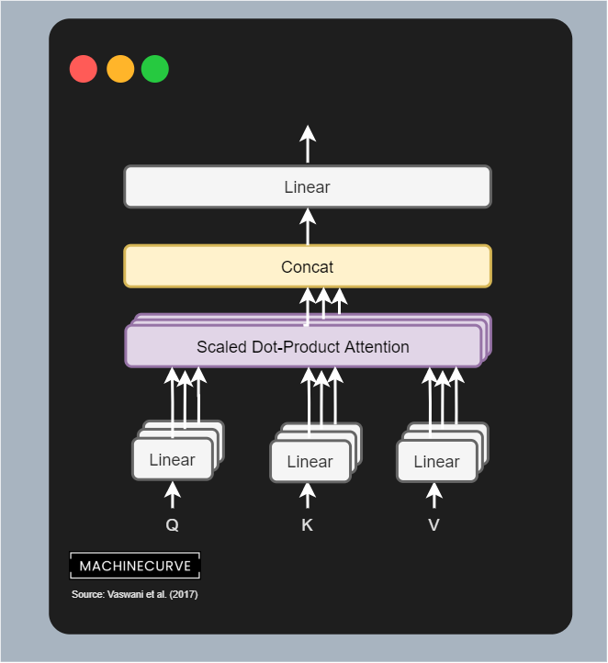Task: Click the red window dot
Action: click(x=84, y=69)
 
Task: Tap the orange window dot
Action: click(x=120, y=69)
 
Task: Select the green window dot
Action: click(x=155, y=69)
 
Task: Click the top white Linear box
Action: click(x=307, y=187)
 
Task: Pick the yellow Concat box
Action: click(x=307, y=267)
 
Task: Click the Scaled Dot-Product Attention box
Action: click(x=303, y=347)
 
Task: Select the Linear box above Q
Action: click(x=172, y=459)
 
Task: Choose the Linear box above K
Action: click(x=310, y=462)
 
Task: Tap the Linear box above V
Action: click(x=436, y=462)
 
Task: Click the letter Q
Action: click(x=172, y=525)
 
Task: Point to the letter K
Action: click(x=308, y=525)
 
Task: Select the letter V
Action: click(x=433, y=525)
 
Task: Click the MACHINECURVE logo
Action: click(x=135, y=566)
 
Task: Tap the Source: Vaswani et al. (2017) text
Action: click(x=135, y=595)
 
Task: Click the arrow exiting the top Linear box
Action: click(x=308, y=144)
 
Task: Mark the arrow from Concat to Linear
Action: click(x=308, y=225)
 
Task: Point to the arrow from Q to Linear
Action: click(x=172, y=495)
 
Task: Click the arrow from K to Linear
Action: click(x=308, y=496)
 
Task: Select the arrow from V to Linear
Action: click(x=434, y=496)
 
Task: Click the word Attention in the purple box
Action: click(x=374, y=347)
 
